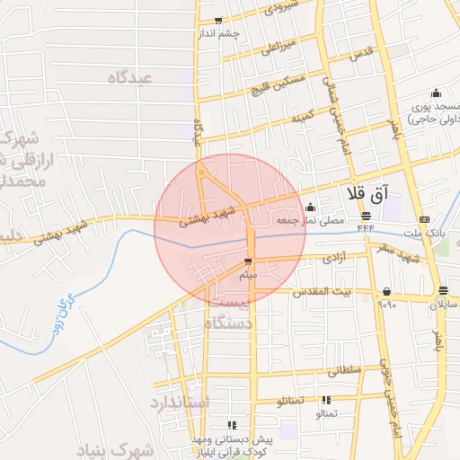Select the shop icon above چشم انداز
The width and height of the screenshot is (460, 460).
[x=217, y=20]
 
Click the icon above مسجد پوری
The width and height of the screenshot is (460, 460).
[x=437, y=93]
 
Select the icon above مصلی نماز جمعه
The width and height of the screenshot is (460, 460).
[x=310, y=208]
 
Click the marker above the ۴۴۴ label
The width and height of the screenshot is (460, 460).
[x=366, y=216]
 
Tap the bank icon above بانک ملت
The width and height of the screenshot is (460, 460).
[x=424, y=219]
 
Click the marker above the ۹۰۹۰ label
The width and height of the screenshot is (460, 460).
[x=386, y=291]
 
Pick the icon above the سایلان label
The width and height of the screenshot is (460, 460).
[x=443, y=290]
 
